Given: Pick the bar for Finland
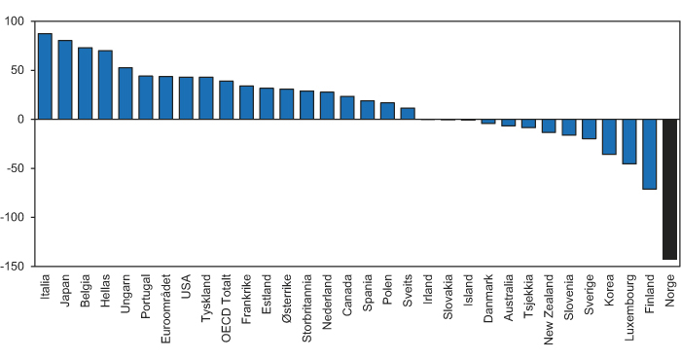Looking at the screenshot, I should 649,154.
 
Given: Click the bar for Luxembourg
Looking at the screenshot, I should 629,141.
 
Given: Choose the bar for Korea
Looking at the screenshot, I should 609,136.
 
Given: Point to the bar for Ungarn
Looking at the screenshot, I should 125,93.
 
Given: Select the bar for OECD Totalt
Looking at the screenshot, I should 226,100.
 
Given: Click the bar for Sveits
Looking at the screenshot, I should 408,114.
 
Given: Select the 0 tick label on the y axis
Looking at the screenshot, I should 21,120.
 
